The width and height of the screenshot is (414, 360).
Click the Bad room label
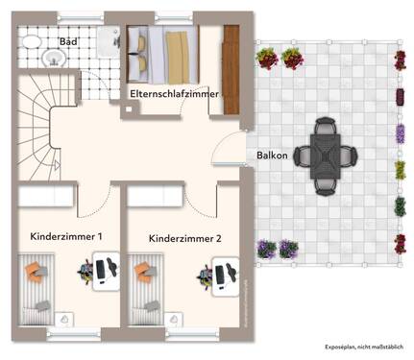[68, 42]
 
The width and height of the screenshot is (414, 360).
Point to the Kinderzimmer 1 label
[67, 235]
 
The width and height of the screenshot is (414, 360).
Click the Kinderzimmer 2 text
[186, 237]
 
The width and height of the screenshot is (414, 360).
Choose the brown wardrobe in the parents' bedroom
[231, 59]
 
